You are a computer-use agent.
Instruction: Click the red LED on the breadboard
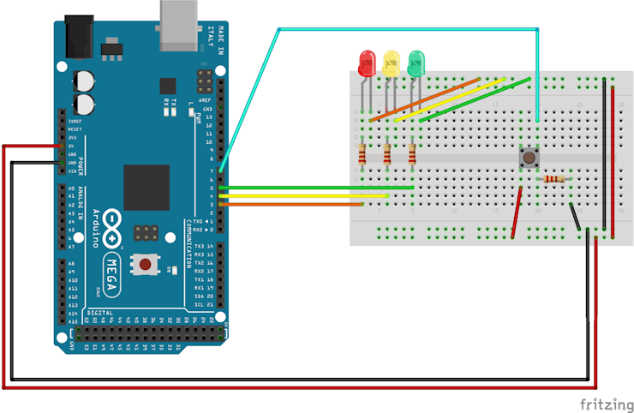367,63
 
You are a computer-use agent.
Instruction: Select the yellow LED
392,63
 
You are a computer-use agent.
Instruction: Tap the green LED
417,63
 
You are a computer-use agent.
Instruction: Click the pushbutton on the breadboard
529,158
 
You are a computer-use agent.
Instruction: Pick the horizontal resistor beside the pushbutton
554,179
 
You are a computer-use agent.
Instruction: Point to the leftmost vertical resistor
362,154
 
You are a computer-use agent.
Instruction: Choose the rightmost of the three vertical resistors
413,154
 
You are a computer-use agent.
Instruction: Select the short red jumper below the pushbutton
517,212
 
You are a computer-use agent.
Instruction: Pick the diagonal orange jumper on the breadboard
426,99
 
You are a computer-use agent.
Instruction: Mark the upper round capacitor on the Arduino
84,80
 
